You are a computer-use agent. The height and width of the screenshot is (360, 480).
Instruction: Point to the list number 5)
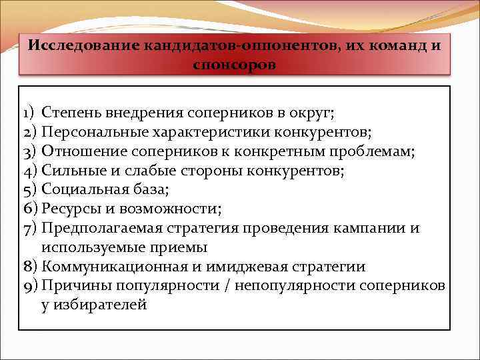(x=31, y=189)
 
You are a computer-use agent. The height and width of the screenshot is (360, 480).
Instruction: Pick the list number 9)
(x=31, y=285)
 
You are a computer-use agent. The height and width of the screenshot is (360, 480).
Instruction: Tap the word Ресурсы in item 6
(x=67, y=209)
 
